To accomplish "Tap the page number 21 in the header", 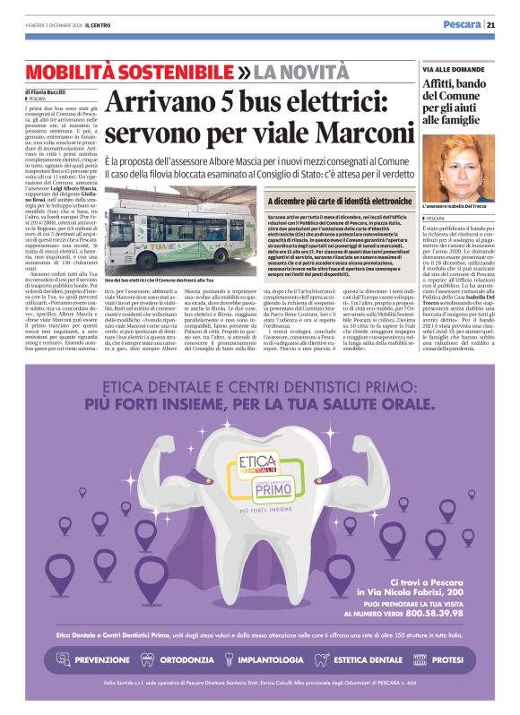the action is point(491,24).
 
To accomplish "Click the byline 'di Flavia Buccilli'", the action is point(47,91).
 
